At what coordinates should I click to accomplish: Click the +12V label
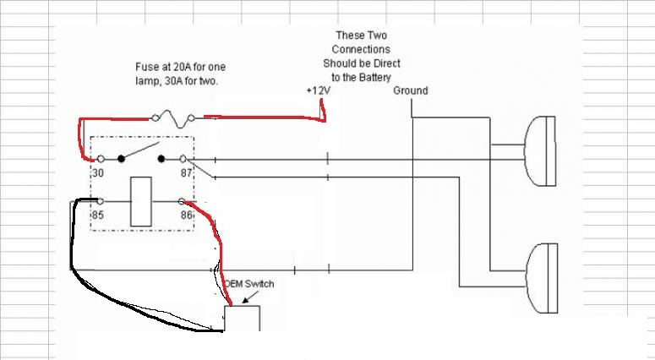[x=319, y=90]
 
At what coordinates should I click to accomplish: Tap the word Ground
[x=410, y=90]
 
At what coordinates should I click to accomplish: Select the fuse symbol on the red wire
[x=173, y=118]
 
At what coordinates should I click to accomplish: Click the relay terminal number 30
[x=98, y=172]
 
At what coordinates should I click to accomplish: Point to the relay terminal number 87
[x=186, y=172]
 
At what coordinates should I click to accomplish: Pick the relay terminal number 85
[x=98, y=215]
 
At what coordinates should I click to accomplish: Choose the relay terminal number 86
[x=186, y=215]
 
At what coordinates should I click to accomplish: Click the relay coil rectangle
[x=141, y=202]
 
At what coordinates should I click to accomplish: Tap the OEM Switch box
[x=242, y=319]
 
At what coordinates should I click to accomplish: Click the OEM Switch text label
[x=249, y=284]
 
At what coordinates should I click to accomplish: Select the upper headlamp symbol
[x=540, y=151]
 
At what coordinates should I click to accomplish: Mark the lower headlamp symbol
[x=542, y=279]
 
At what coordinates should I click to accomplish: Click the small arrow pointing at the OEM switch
[x=251, y=297]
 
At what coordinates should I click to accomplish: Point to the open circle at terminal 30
[x=101, y=159]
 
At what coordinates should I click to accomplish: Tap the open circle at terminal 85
[x=101, y=201]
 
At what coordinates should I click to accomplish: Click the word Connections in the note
[x=361, y=49]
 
